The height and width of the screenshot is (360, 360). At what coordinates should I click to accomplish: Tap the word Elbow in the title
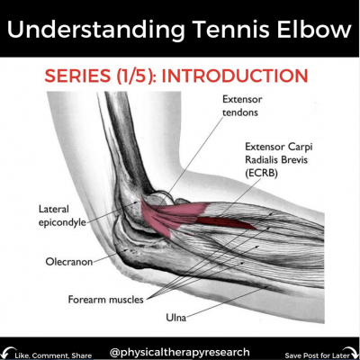pyautogui.click(x=314, y=29)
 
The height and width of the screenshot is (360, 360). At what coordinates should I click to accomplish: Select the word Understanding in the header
pyautogui.click(x=96, y=31)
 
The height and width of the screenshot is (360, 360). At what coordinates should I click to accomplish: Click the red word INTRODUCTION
pyautogui.click(x=235, y=76)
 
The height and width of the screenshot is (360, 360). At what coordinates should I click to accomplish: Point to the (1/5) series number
pyautogui.click(x=135, y=76)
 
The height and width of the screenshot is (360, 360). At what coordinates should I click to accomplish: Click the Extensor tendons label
pyautogui.click(x=242, y=106)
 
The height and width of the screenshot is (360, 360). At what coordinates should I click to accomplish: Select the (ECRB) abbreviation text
pyautogui.click(x=261, y=173)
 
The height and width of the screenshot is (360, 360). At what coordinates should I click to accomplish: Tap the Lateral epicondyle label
pyautogui.click(x=62, y=216)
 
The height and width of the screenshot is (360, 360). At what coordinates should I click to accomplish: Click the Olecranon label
pyautogui.click(x=69, y=262)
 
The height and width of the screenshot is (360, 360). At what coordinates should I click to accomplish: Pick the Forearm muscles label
pyautogui.click(x=105, y=300)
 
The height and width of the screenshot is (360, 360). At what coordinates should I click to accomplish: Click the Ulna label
pyautogui.click(x=176, y=318)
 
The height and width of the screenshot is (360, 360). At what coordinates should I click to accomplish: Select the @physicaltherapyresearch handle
pyautogui.click(x=180, y=352)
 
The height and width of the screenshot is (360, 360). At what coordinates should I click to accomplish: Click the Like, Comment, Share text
pyautogui.click(x=53, y=355)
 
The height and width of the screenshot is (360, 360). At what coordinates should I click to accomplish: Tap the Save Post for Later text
pyautogui.click(x=317, y=355)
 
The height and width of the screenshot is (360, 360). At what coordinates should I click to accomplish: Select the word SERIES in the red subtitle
pyautogui.click(x=77, y=76)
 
